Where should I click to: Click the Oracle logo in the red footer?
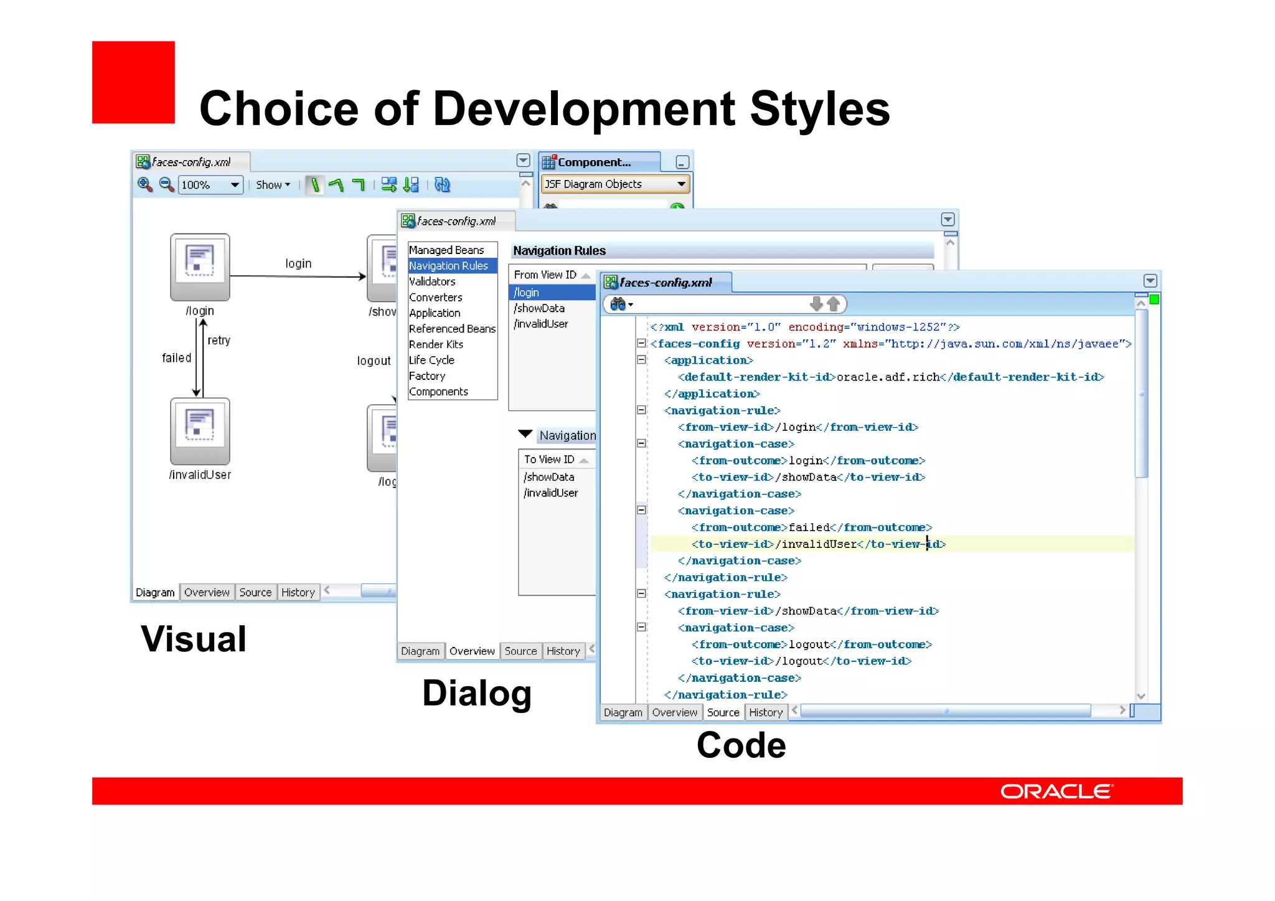[1056, 791]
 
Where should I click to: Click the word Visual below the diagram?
[194, 639]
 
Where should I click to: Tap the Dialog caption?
[476, 693]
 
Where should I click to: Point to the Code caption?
[741, 745]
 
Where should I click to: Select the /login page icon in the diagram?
[200, 267]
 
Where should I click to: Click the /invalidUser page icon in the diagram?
[200, 431]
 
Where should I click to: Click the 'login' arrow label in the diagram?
[298, 263]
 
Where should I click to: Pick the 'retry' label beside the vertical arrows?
[219, 340]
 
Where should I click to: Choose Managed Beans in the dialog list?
[446, 250]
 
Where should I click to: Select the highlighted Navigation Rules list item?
[448, 266]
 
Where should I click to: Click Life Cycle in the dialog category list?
[431, 360]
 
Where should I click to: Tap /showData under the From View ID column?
[539, 308]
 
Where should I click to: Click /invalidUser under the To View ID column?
[550, 493]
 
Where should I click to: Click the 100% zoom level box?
[210, 185]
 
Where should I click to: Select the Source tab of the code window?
[723, 712]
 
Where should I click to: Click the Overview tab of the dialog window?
[472, 651]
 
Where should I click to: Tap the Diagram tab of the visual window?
[155, 592]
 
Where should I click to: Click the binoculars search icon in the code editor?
[618, 304]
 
